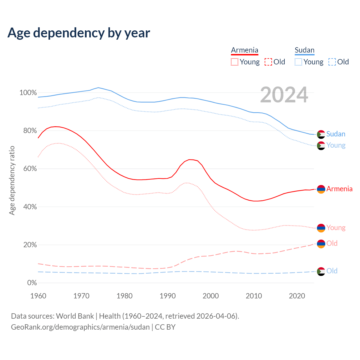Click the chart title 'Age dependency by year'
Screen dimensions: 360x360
pyautogui.click(x=79, y=33)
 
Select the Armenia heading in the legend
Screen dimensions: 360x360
pyautogui.click(x=244, y=50)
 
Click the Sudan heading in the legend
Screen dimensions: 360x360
pyautogui.click(x=304, y=50)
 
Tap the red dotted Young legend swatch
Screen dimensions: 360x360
pyautogui.click(x=235, y=62)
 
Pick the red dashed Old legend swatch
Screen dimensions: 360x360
pyautogui.click(x=268, y=62)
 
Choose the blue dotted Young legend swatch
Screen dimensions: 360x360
pyautogui.click(x=298, y=62)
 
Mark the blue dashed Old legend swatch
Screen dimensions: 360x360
pyautogui.click(x=332, y=62)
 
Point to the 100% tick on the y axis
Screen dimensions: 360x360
pyautogui.click(x=28, y=93)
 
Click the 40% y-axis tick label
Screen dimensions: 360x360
pyautogui.click(x=30, y=207)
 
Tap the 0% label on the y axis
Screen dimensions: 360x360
pyautogui.click(x=32, y=283)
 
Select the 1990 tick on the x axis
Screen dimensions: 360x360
pyautogui.click(x=168, y=296)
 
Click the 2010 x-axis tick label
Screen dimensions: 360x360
pyautogui.click(x=254, y=296)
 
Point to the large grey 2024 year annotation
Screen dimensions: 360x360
pyautogui.click(x=284, y=95)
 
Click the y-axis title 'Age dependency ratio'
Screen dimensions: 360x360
pyautogui.click(x=12, y=180)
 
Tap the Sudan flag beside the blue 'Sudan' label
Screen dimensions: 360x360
pyautogui.click(x=321, y=134)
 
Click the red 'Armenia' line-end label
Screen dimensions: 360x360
pyautogui.click(x=339, y=189)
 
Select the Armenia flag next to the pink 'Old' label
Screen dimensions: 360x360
pyautogui.click(x=321, y=244)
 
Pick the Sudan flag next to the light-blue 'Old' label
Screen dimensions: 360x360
pyautogui.click(x=321, y=271)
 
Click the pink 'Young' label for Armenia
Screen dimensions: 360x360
pyautogui.click(x=336, y=228)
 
